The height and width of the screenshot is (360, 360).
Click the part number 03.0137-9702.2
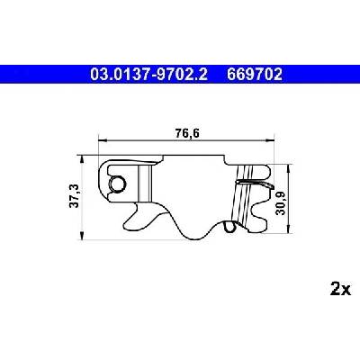(x=148, y=75)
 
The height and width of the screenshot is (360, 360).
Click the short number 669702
(x=255, y=75)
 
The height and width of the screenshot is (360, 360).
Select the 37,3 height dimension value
(x=75, y=196)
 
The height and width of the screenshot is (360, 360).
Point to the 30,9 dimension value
(x=281, y=203)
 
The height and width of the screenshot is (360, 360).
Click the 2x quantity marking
(x=340, y=289)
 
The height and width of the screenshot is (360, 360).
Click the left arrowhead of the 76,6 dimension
(x=103, y=140)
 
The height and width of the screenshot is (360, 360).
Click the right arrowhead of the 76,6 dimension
(x=271, y=140)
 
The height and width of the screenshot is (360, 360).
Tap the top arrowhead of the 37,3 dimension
(x=81, y=159)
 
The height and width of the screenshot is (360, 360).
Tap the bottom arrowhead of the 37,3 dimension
(x=81, y=236)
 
